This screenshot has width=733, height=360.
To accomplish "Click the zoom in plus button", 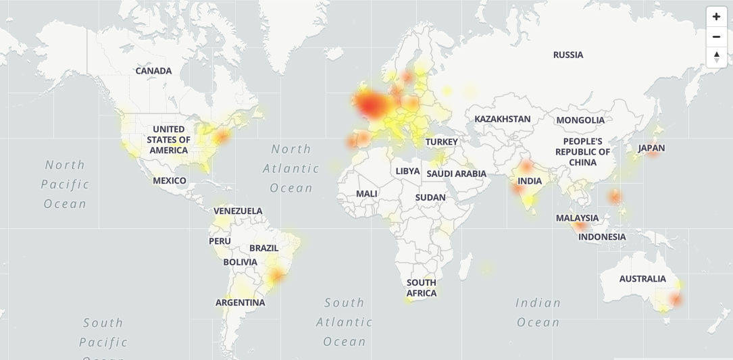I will [716, 16].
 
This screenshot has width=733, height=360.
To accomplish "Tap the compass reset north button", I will [716, 57].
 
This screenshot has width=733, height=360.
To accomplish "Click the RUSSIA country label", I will [567, 55].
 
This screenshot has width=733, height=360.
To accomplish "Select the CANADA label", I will [153, 70].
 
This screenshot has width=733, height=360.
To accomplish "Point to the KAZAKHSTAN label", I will [502, 119].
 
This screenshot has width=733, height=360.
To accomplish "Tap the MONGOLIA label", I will [580, 120].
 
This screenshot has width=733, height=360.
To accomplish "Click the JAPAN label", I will [651, 148].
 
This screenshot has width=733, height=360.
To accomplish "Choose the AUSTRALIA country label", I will [642, 278].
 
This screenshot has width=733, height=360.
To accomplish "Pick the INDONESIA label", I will [602, 236].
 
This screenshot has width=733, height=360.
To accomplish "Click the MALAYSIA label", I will [577, 217].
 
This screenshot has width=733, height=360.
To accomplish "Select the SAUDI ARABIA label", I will [456, 174].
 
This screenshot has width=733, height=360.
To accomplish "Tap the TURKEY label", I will [441, 142].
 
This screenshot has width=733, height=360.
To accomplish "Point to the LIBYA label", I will [407, 171].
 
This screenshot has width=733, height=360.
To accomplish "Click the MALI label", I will [366, 193].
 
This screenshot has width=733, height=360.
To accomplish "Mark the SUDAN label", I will [430, 197].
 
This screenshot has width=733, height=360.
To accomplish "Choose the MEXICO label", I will [169, 180].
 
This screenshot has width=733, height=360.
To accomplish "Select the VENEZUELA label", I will [238, 211].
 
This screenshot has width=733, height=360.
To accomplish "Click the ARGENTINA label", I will [240, 302].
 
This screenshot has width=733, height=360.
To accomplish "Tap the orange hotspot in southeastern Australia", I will [675, 299].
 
